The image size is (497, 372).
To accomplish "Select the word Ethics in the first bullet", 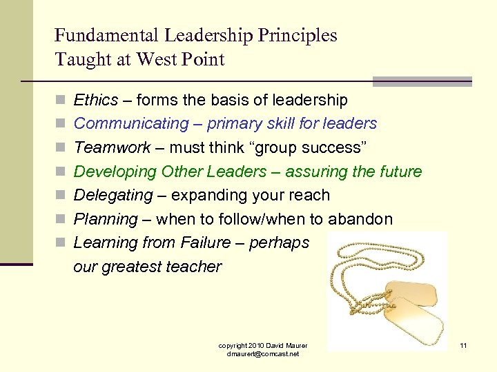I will (96, 101).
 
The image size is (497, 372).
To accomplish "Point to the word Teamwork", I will (112, 147).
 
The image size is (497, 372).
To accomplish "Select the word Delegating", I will (113, 195).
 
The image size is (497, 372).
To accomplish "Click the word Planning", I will (106, 219).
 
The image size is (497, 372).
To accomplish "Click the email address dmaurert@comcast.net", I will (262, 353).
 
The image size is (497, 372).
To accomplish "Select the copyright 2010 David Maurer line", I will (262, 344).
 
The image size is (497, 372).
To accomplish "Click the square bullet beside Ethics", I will (61, 101).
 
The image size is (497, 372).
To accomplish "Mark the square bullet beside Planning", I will (61, 219).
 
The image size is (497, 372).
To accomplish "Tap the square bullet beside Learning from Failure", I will (61, 242).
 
